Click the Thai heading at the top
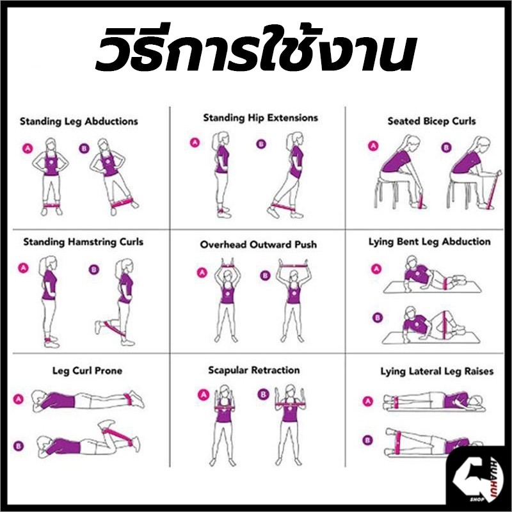(x=256, y=49)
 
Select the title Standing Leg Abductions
(x=79, y=122)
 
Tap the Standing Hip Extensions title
(x=260, y=118)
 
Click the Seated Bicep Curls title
(x=431, y=122)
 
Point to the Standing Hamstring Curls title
(x=83, y=243)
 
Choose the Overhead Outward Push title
(x=259, y=244)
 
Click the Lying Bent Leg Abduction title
(x=429, y=242)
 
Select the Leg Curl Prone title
(x=87, y=371)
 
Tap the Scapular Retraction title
(x=253, y=371)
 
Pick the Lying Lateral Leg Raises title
(x=436, y=372)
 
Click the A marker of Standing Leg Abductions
(x=28, y=148)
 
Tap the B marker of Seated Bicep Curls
(x=446, y=147)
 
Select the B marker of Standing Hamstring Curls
(x=93, y=269)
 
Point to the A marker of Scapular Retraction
(x=204, y=395)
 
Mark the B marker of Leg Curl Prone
(x=19, y=445)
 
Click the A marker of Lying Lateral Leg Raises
(x=367, y=401)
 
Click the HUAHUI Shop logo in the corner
(x=477, y=477)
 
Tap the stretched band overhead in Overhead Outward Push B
(x=292, y=265)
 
